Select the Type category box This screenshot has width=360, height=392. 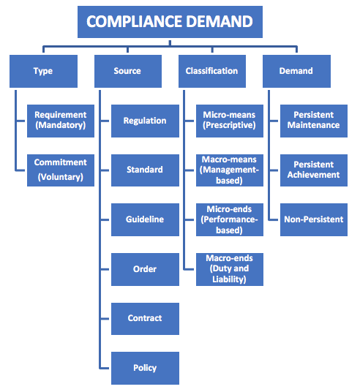tap(43, 71)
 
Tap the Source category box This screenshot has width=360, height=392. tap(127, 71)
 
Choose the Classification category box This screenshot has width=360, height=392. tap(211, 71)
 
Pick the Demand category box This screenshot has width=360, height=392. tap(296, 71)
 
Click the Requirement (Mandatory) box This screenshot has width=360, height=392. tap(61, 120)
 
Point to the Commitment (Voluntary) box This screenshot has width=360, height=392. tap(61, 169)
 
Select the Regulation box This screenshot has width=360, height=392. tap(145, 121)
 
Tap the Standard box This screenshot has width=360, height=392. tap(145, 170)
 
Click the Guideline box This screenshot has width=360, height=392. tap(145, 219)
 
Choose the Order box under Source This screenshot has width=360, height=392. tap(145, 269)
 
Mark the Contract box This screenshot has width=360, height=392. tap(145, 318)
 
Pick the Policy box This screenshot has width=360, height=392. tap(145, 368)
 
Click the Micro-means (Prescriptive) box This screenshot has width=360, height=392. tap(230, 120)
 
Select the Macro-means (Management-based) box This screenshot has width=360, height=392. tap(230, 170)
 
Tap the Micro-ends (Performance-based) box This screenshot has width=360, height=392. tap(230, 219)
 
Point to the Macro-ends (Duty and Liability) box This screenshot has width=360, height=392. tap(230, 268)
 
